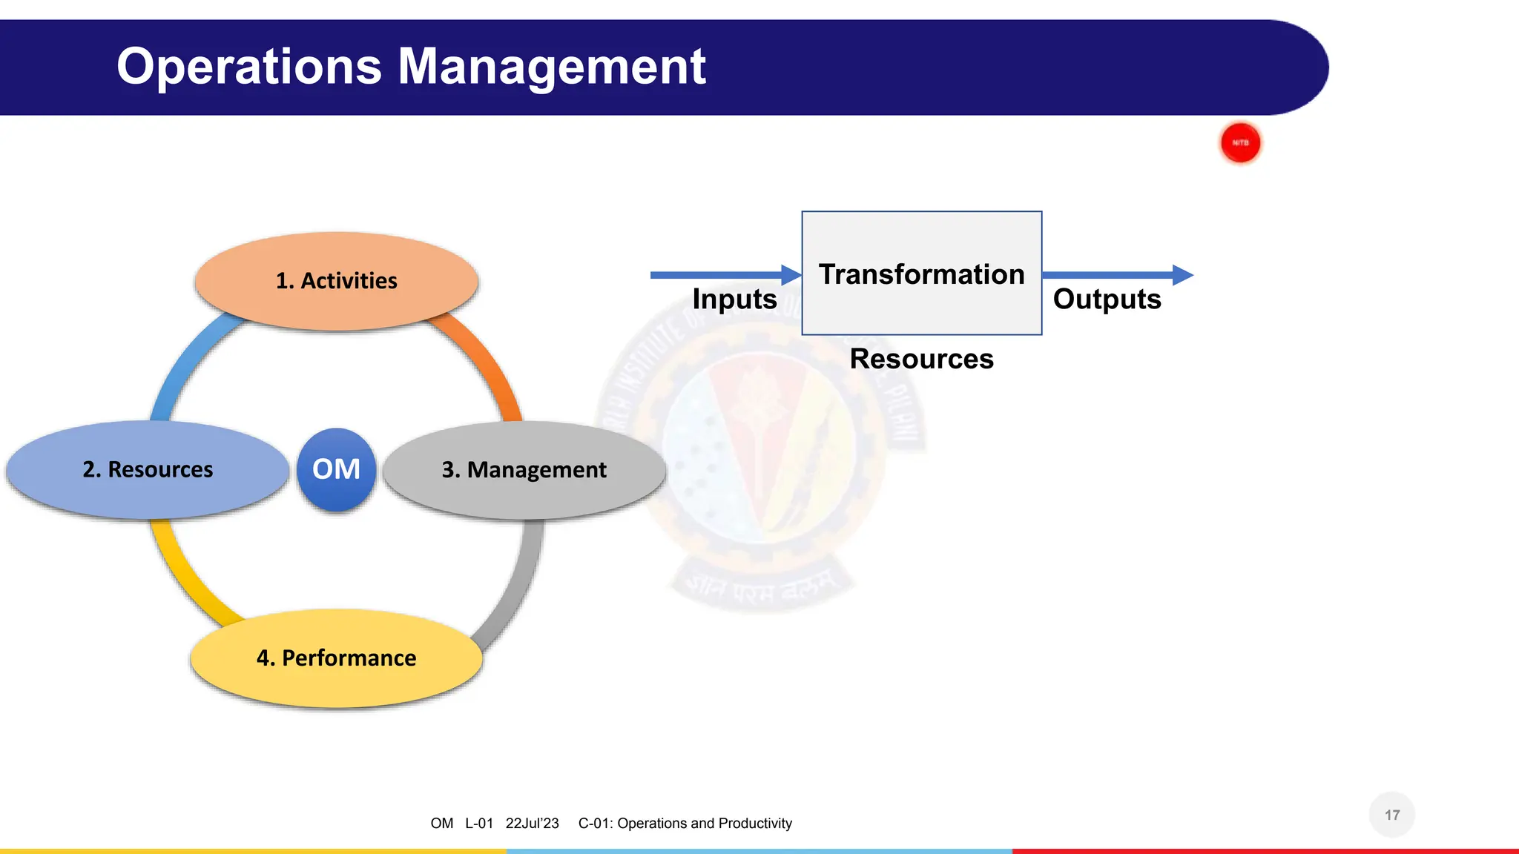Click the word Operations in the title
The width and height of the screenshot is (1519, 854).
249,67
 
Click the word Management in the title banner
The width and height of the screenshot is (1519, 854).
552,67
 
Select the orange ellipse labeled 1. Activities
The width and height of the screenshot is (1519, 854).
336,281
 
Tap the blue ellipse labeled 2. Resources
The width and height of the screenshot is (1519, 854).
148,469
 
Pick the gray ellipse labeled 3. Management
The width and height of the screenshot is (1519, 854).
524,469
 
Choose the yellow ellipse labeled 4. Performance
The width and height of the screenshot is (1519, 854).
336,658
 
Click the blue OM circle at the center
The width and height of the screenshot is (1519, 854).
336,469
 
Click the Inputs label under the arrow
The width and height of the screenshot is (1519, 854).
734,299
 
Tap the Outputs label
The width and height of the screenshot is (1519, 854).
1107,299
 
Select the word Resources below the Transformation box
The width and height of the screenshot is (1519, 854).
921,359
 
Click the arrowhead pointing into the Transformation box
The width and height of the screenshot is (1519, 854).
791,275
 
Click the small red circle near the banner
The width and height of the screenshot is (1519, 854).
1240,142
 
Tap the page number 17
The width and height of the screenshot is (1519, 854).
1391,815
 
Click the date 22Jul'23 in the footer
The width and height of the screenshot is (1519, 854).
532,824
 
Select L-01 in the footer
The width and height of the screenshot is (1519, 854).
479,824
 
